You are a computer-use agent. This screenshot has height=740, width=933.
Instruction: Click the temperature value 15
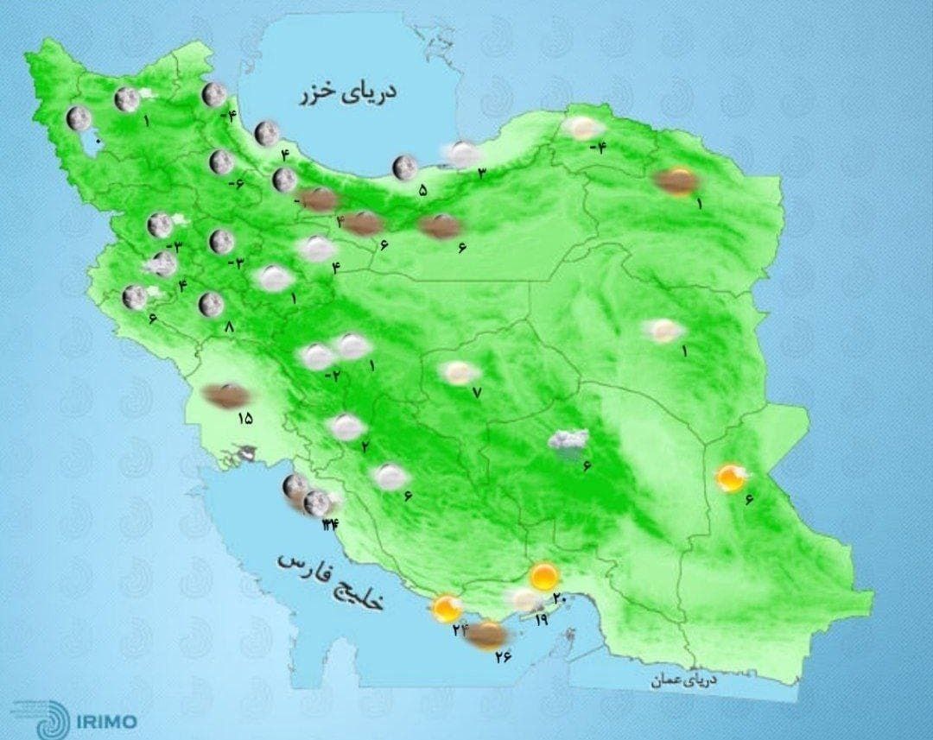pos(244,419)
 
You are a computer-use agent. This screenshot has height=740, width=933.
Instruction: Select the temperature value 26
pos(504,657)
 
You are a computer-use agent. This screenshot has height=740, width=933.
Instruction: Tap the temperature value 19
pos(542,620)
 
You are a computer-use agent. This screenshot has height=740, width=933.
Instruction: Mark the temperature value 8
pos(229,327)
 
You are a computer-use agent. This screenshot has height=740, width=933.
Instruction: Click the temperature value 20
pos(558,598)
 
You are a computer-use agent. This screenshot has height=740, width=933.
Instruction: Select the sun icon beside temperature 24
pos(447,609)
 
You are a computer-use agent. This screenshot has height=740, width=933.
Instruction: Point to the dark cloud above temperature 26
pos(486,636)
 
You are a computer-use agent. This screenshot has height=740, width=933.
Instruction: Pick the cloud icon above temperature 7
pos(459,372)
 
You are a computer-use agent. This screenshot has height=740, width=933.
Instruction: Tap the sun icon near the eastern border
pos(731,478)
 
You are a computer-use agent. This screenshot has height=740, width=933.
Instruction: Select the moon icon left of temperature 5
pos(403,168)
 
